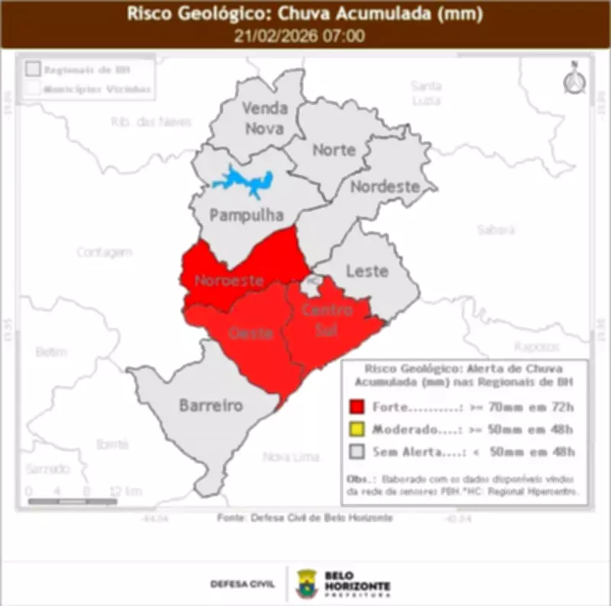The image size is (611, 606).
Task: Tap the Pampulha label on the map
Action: tap(235, 215)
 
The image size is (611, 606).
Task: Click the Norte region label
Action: tap(334, 150)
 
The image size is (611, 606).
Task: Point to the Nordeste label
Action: tap(385, 186)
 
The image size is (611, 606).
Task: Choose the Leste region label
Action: tap(367, 270)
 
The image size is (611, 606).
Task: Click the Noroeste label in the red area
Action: tap(229, 280)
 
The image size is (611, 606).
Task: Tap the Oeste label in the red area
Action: tap(251, 334)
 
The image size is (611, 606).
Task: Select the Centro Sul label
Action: tap(327, 320)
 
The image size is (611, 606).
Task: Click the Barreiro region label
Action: tap(211, 405)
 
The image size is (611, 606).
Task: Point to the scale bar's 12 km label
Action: tap(125, 491)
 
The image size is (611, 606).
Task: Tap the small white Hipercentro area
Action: tap(310, 287)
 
